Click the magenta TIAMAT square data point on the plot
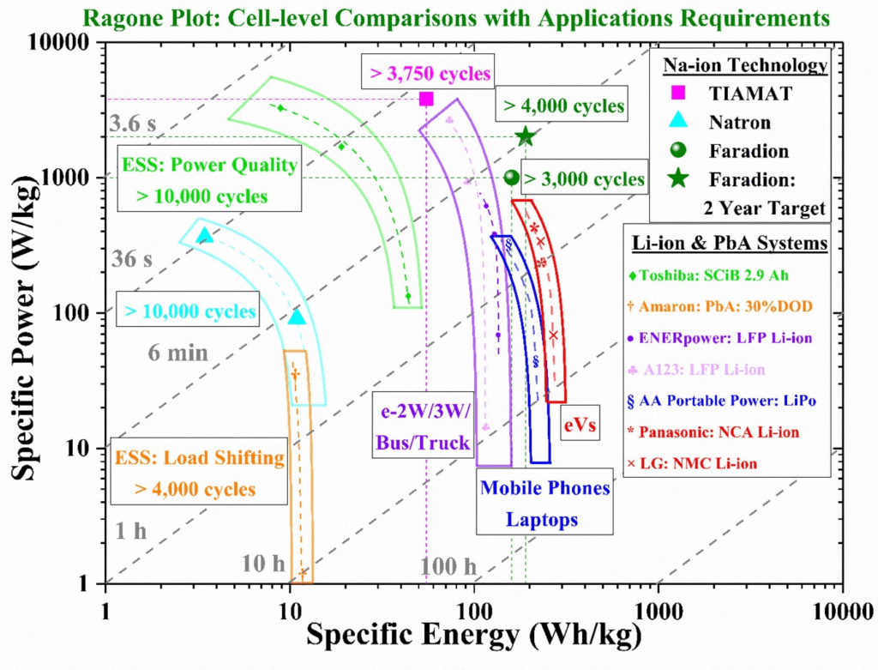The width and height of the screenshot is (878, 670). pos(426,99)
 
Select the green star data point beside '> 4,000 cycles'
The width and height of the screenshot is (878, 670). pos(525,136)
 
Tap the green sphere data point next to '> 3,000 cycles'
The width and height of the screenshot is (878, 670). pos(512,178)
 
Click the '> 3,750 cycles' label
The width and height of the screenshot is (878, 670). pos(430,74)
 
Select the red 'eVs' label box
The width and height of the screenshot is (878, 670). pos(580,423)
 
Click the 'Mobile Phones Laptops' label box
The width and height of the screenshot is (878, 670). pos(544,504)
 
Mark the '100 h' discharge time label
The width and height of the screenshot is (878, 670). pos(448,565)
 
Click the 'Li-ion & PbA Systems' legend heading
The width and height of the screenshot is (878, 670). pos(730,244)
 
